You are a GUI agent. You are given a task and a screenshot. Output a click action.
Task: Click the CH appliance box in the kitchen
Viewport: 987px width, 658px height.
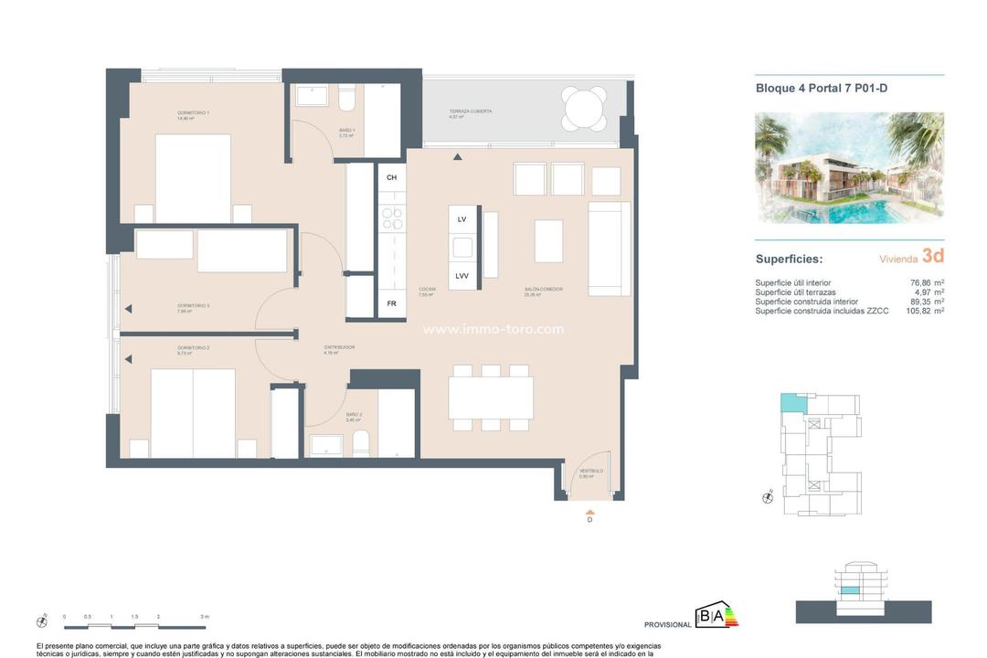[x=392, y=177]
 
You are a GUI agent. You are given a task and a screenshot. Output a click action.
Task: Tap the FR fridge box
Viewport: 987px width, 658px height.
[x=392, y=303]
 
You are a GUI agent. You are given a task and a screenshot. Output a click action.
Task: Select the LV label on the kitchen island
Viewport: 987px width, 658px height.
[x=462, y=219]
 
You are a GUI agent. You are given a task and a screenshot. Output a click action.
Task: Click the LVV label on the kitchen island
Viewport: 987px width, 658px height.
[x=462, y=276]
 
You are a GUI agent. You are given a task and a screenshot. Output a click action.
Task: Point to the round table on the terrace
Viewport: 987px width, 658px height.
[x=584, y=110]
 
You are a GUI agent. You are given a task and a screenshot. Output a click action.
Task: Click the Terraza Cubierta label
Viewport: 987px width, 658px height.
[x=471, y=111]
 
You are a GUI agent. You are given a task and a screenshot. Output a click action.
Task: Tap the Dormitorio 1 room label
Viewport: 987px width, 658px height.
[x=194, y=112]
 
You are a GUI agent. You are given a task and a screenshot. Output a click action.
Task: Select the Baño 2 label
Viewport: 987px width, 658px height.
[x=355, y=416]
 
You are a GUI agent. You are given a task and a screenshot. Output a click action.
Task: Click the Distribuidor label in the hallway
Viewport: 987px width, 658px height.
[x=339, y=348]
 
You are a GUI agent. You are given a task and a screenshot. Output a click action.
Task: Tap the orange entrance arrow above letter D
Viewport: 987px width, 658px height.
[x=589, y=512]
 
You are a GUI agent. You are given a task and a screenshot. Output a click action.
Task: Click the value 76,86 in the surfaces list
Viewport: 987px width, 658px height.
[x=921, y=283]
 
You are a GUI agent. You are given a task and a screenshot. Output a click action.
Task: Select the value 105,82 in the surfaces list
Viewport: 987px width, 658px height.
[x=918, y=311]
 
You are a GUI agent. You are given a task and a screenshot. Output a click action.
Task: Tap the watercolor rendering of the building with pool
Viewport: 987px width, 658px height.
[x=849, y=168]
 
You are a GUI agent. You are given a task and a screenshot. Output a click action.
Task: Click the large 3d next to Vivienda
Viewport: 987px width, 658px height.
[x=932, y=256]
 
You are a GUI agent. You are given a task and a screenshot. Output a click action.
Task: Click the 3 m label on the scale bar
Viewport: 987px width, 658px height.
[x=206, y=617]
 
